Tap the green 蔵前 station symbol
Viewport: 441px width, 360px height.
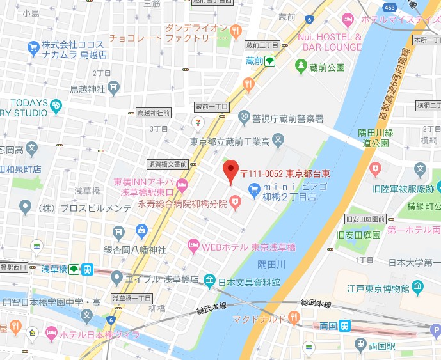tap(270, 61)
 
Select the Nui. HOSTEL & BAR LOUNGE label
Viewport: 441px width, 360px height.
tap(330, 42)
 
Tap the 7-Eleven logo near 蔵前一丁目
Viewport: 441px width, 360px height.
tap(199, 121)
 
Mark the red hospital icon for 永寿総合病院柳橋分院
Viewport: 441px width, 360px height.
tap(236, 203)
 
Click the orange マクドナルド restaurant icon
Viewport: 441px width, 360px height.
tap(293, 316)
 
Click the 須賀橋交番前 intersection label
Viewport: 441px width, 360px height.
tap(167, 164)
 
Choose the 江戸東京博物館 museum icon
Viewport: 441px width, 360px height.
tap(418, 285)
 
